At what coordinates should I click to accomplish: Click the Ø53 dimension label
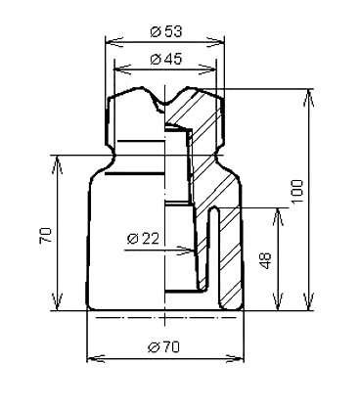165,31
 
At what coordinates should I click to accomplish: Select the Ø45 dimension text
165,59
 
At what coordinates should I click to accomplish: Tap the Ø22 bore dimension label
143,239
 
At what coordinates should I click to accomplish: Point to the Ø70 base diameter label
163,347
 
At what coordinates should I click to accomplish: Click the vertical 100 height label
297,191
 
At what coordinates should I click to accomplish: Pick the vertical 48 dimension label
266,260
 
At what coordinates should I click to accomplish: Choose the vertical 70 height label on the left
45,235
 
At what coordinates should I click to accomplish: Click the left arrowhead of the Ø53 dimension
113,42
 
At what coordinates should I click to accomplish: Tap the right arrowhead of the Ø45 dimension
207,69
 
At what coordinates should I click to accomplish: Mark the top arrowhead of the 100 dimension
308,98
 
